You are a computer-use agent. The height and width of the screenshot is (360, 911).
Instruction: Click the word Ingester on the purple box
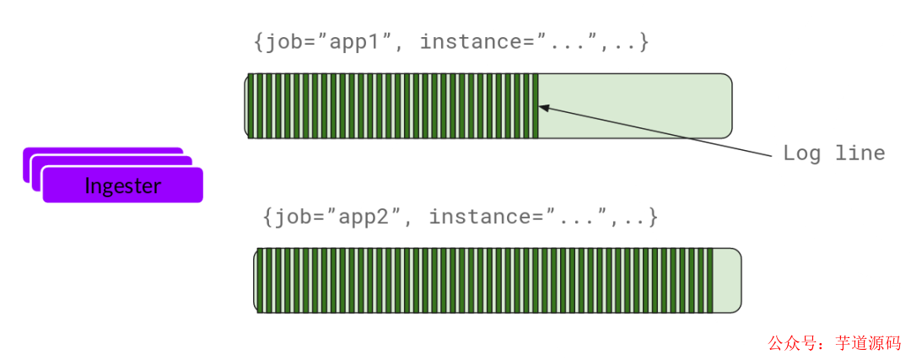pos(122,186)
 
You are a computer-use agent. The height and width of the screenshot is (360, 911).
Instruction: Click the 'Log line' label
pos(833,153)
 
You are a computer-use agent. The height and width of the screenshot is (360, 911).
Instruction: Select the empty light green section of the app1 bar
pos(633,105)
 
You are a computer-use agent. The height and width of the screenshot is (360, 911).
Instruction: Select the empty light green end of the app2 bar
pos(726,280)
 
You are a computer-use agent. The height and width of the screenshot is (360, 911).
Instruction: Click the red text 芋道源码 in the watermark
pos(868,343)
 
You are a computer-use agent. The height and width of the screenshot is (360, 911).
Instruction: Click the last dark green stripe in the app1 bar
pos(534,105)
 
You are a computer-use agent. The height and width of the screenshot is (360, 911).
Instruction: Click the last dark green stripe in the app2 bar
pos(709,280)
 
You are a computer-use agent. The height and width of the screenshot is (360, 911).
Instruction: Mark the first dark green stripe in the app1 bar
pos(251,105)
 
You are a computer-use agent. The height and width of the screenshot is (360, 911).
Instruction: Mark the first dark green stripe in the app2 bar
pos(260,280)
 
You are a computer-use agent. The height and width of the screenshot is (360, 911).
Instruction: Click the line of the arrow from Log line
pos(658,131)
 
